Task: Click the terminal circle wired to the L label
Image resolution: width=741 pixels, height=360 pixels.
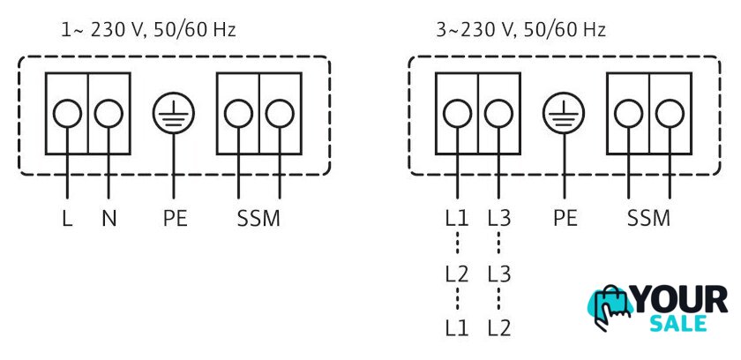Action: (x=67, y=114)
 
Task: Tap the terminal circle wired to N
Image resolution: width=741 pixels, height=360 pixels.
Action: (x=109, y=114)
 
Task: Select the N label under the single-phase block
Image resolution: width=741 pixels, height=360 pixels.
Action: (x=109, y=219)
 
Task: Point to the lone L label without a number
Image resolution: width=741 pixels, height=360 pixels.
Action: (x=67, y=219)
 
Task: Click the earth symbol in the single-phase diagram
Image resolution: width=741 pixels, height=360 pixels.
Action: (x=174, y=114)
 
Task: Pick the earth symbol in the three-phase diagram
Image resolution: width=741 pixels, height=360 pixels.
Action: (x=564, y=114)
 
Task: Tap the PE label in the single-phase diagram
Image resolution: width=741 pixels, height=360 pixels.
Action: (x=175, y=219)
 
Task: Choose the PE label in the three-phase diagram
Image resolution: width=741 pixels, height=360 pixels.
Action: (x=565, y=219)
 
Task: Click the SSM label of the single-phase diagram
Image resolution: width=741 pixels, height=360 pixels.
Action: (x=258, y=219)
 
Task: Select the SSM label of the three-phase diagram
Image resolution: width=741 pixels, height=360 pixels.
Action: (x=649, y=219)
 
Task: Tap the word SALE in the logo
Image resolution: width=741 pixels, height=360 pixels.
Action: (x=678, y=323)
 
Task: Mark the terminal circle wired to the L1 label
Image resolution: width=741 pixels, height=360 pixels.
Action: (x=458, y=114)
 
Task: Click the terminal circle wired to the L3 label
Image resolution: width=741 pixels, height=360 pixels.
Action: (x=499, y=114)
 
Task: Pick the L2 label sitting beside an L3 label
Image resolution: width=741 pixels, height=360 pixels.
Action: (x=457, y=274)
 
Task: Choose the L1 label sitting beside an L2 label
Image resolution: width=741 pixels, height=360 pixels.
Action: (x=457, y=328)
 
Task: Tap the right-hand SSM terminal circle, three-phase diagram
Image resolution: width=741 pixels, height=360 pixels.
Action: (x=670, y=114)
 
